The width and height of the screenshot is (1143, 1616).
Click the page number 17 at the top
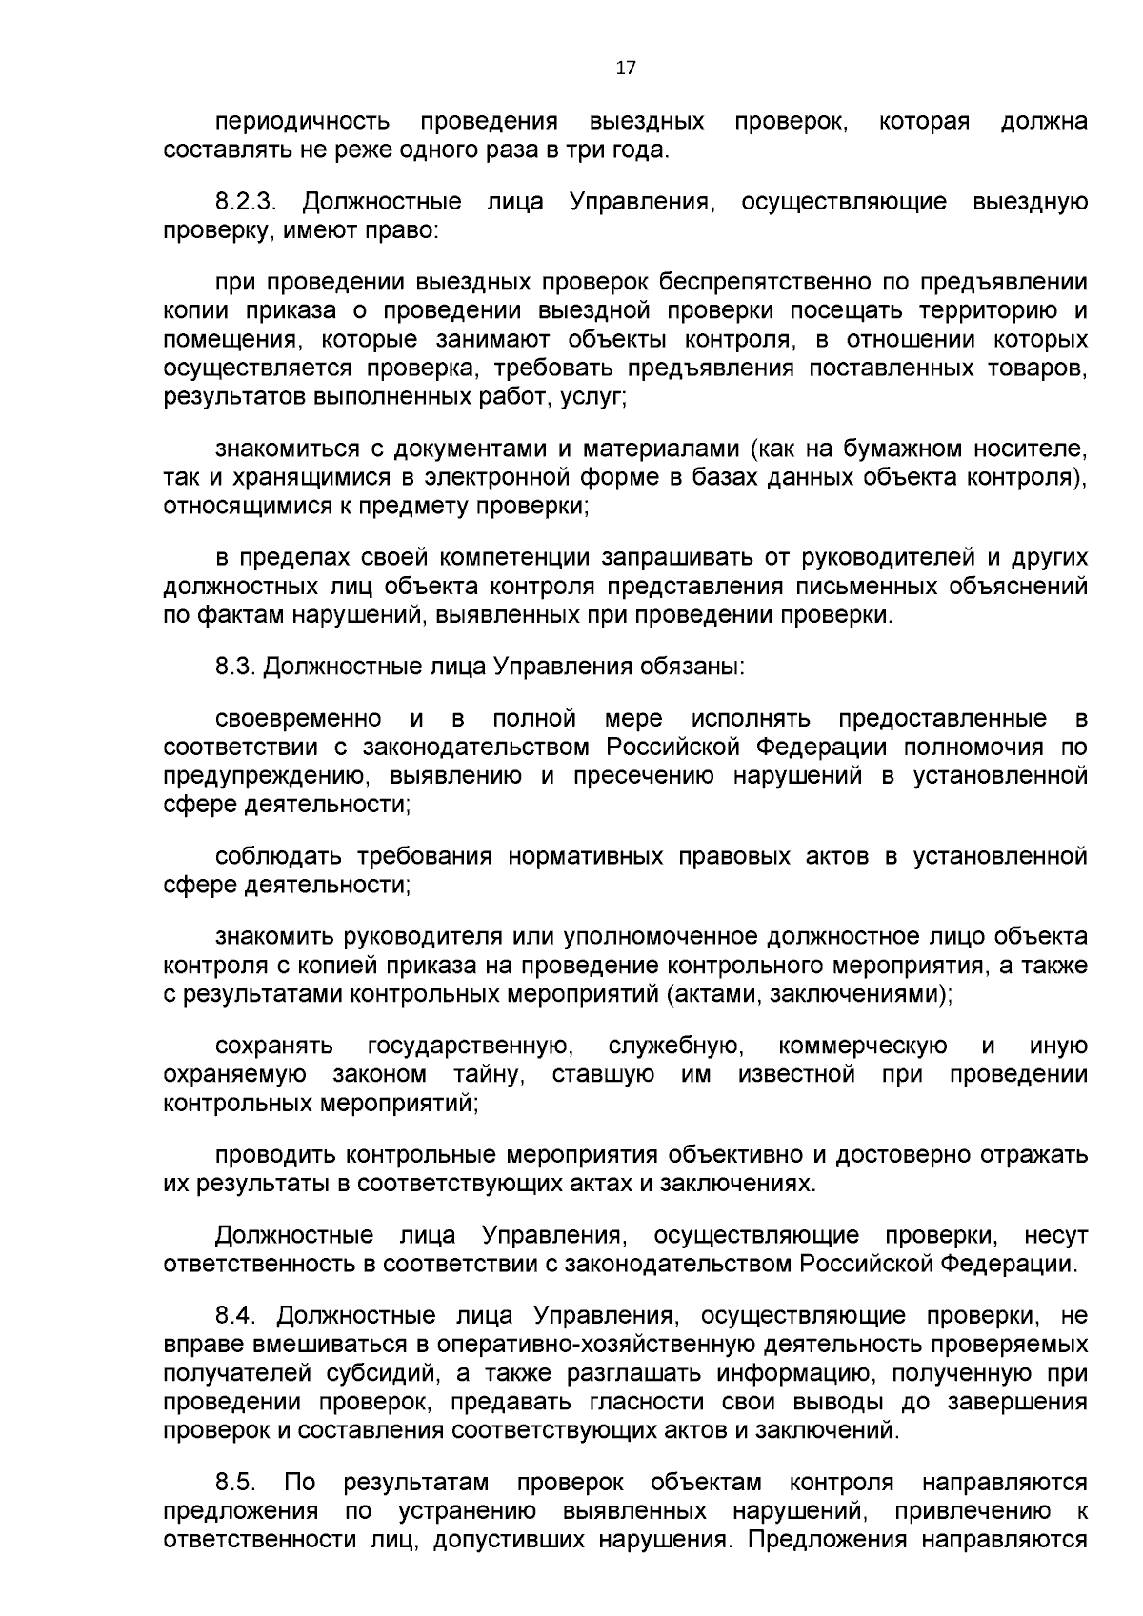pos(626,68)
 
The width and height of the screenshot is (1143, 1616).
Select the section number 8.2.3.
pos(245,202)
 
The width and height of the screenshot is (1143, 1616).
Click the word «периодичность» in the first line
pos(303,122)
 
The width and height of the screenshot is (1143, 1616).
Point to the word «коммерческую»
pos(863,1047)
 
